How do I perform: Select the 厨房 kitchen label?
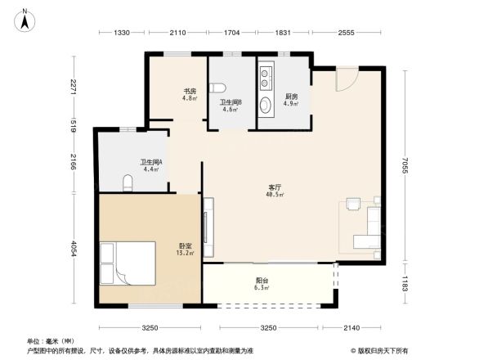(x=290, y=97)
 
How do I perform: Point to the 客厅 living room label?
(x=275, y=187)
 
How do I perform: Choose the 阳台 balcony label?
(x=262, y=280)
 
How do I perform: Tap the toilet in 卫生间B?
(x=218, y=88)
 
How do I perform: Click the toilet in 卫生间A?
(x=128, y=182)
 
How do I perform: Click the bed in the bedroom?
(x=127, y=263)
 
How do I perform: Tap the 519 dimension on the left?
(x=73, y=125)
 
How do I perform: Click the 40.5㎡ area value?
(x=275, y=195)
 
